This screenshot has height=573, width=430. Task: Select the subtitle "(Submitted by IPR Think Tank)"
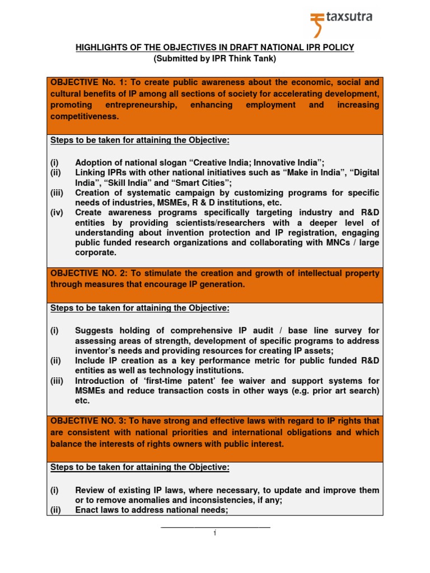click(x=215, y=58)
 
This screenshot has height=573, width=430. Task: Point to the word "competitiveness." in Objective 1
click(x=85, y=117)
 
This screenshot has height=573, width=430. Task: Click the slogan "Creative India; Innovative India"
click(x=259, y=162)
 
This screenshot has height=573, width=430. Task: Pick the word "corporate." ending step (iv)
click(x=96, y=252)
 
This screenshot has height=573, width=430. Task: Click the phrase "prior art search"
click(x=348, y=391)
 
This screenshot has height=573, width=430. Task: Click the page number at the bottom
click(x=215, y=533)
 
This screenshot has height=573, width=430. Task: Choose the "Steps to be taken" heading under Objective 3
click(x=140, y=467)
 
